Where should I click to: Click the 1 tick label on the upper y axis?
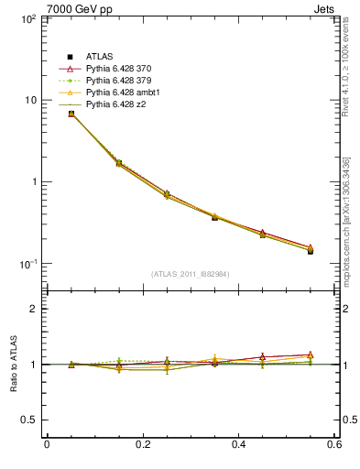pos(31,181)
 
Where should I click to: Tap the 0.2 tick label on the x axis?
pos(142,445)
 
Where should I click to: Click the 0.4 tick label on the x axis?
pos(238,445)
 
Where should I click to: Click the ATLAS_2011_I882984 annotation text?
pos(190,274)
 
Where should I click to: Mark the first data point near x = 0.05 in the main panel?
pos(71,114)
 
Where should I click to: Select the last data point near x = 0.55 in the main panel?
pos(311,249)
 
